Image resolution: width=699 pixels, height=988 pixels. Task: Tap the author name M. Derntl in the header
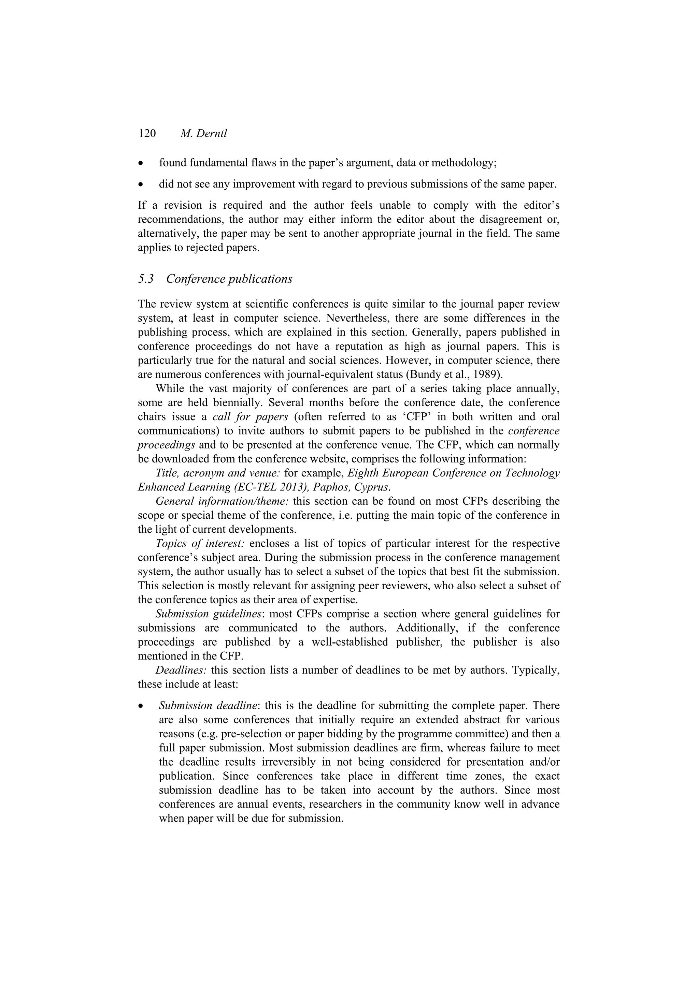pos(203,133)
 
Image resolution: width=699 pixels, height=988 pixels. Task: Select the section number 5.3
pos(146,279)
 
